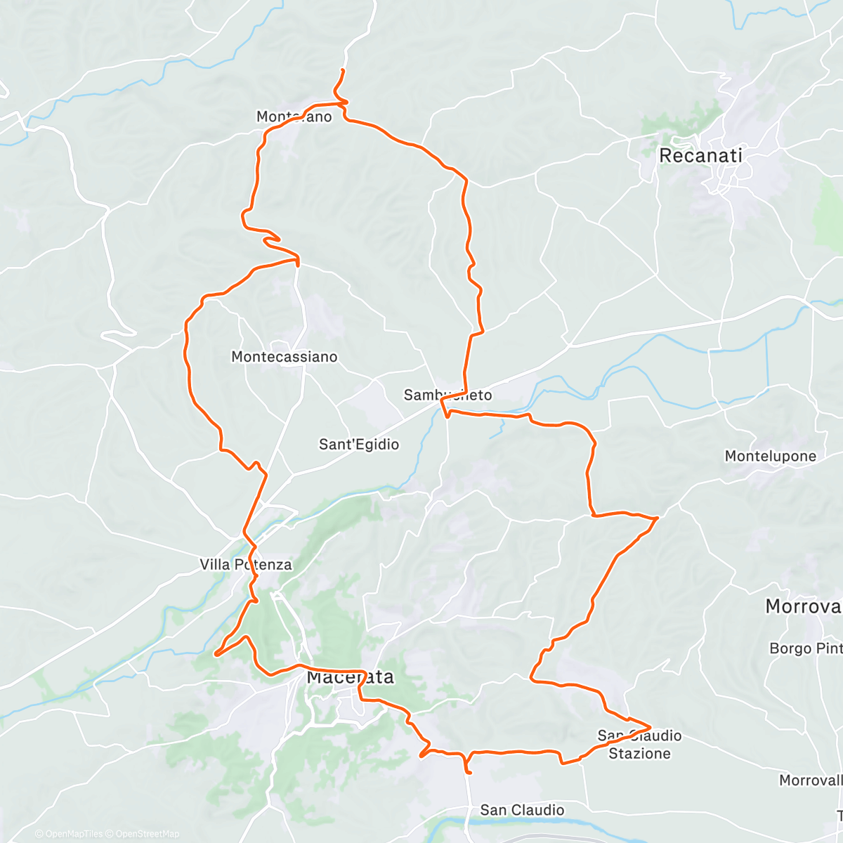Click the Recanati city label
pyautogui.click(x=700, y=156)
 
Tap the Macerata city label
pyautogui.click(x=350, y=677)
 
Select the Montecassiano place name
pyautogui.click(x=285, y=357)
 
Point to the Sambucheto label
pyautogui.click(x=447, y=395)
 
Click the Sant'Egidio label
pyautogui.click(x=359, y=444)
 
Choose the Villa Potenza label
pyautogui.click(x=246, y=564)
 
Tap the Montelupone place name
pyautogui.click(x=771, y=456)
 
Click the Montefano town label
pyautogui.click(x=294, y=117)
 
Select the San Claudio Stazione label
pyautogui.click(x=639, y=745)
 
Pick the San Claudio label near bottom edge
pyautogui.click(x=522, y=810)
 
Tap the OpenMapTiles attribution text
pyautogui.click(x=74, y=834)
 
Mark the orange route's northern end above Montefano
pyautogui.click(x=343, y=70)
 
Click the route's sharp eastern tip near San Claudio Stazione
pyautogui.click(x=651, y=727)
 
